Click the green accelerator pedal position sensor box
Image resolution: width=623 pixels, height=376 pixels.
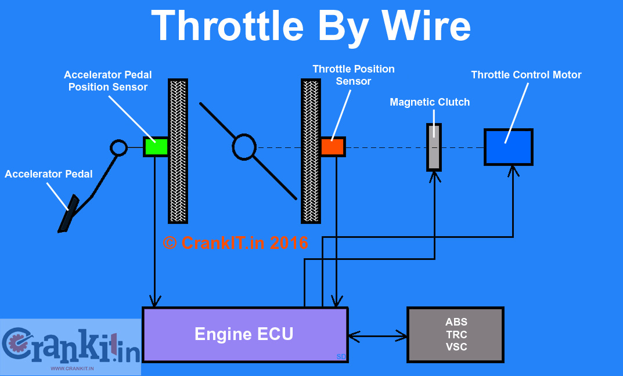(x=156, y=147)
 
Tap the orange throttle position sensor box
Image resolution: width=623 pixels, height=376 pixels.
(x=333, y=147)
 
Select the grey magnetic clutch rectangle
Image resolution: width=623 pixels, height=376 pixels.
(x=434, y=147)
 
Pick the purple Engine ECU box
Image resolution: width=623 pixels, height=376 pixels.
(x=244, y=335)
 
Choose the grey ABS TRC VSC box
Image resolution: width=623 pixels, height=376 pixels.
(x=456, y=335)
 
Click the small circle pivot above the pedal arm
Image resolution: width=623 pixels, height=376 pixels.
(x=118, y=147)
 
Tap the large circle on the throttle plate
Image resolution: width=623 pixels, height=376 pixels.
(x=244, y=147)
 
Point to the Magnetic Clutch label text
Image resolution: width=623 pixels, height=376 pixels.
(x=430, y=102)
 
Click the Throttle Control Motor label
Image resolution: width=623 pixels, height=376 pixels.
(x=526, y=75)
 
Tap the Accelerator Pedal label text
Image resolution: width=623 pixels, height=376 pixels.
(x=49, y=174)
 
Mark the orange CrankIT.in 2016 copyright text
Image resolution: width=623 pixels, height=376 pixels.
(x=236, y=243)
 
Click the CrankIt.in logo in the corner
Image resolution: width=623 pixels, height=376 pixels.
(x=70, y=346)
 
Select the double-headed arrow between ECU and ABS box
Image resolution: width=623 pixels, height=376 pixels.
(x=377, y=335)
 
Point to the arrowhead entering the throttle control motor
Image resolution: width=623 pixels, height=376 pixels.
(x=513, y=171)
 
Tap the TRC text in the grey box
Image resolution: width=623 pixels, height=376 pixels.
(x=456, y=335)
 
